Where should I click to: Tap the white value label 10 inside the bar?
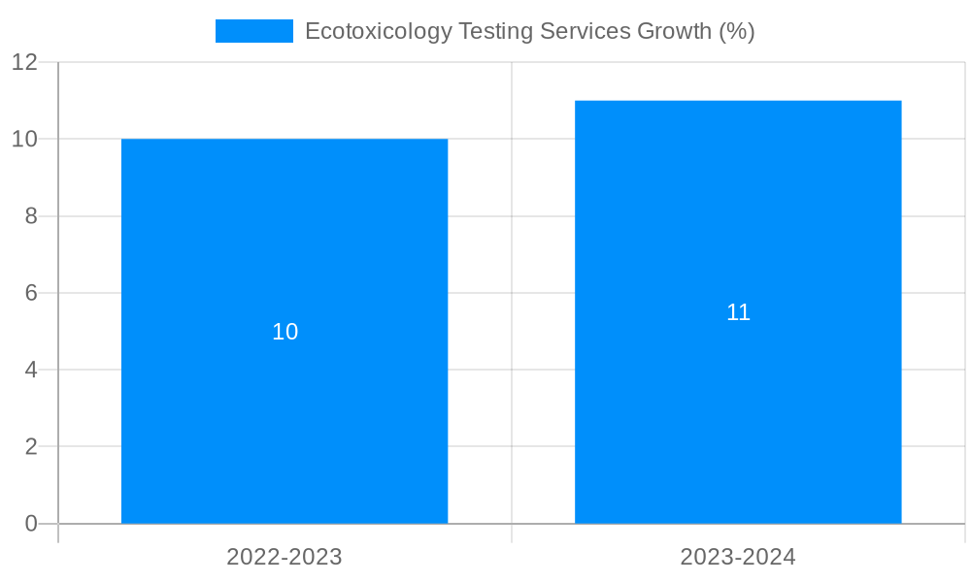(285, 332)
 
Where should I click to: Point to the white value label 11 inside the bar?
(738, 312)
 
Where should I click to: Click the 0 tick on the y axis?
(30, 524)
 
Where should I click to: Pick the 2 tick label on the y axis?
(30, 447)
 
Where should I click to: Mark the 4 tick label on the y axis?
(30, 370)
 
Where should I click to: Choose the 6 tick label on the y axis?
(30, 293)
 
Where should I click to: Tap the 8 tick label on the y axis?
(30, 216)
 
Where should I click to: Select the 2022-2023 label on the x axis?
(285, 557)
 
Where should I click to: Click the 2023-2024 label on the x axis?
(738, 557)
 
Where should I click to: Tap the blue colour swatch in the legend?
(253, 31)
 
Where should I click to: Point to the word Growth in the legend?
(674, 31)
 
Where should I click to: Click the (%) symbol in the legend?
(736, 31)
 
